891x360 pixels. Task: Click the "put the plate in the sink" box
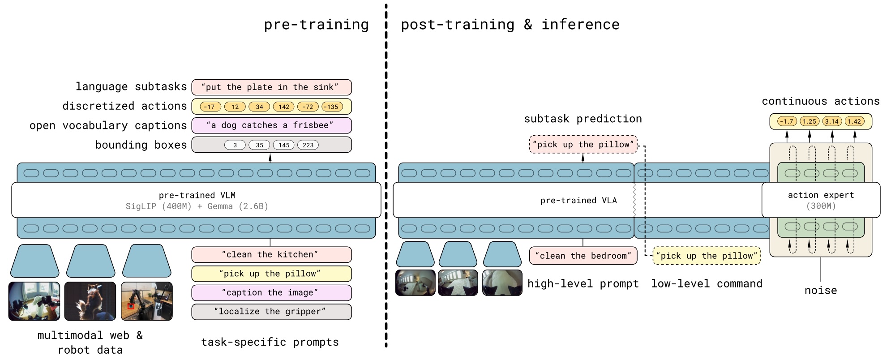pyautogui.click(x=271, y=87)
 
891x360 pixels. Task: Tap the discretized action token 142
pyautogui.click(x=284, y=107)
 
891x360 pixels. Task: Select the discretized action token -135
pyautogui.click(x=332, y=107)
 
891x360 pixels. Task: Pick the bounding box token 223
pyautogui.click(x=308, y=145)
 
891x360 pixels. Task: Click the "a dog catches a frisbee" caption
pyautogui.click(x=271, y=125)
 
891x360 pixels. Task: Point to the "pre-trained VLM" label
pyautogui.click(x=197, y=195)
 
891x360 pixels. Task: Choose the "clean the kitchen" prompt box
pyautogui.click(x=271, y=254)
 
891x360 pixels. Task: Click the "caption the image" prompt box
pyautogui.click(x=271, y=292)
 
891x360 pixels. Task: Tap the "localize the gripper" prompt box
pyautogui.click(x=271, y=312)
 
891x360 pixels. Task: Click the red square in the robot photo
pyautogui.click(x=131, y=306)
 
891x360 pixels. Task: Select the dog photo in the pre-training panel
pyautogui.click(x=90, y=301)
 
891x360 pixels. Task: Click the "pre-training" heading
pyautogui.click(x=316, y=25)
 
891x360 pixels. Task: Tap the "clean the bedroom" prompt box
pyautogui.click(x=583, y=256)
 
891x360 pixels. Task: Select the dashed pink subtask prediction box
pyautogui.click(x=583, y=144)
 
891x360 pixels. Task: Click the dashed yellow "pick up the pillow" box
pyautogui.click(x=707, y=256)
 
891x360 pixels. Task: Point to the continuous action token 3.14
pyautogui.click(x=832, y=121)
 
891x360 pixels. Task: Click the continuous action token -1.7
pyautogui.click(x=787, y=121)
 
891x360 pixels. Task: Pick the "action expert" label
pyautogui.click(x=821, y=195)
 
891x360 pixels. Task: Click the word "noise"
pyautogui.click(x=821, y=290)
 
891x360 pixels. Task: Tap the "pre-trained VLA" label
pyautogui.click(x=578, y=200)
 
